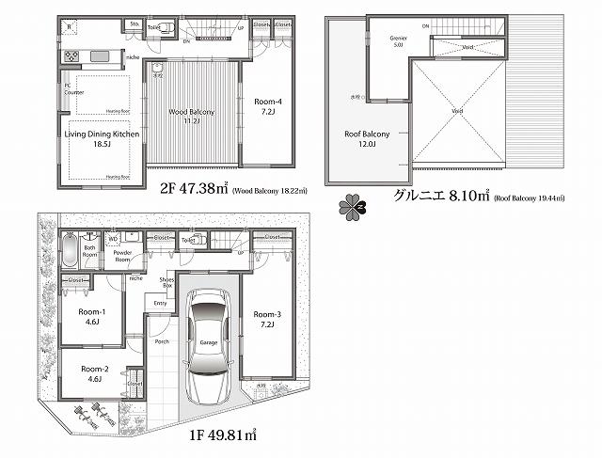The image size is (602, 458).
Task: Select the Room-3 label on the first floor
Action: coord(267,319)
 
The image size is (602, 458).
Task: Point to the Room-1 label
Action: coord(92,317)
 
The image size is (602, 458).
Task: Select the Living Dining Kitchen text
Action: coord(101,138)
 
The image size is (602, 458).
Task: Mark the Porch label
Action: coord(162,341)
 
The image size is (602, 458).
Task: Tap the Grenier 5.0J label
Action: coord(397,40)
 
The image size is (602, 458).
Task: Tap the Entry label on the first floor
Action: coord(160,303)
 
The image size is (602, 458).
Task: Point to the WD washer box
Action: coord(113,239)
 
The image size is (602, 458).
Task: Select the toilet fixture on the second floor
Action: coord(166,28)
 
